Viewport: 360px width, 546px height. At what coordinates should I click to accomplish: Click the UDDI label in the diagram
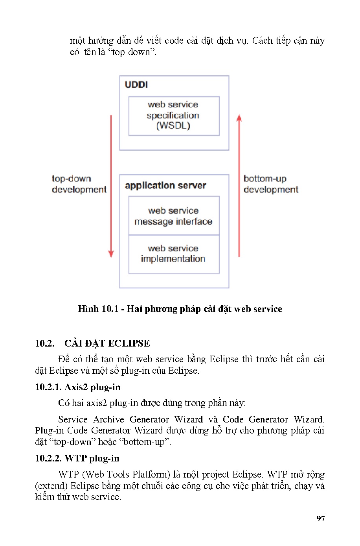[x=136, y=85]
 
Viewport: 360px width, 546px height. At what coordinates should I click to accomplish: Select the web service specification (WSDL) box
[x=174, y=116]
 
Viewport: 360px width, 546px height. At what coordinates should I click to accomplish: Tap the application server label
[x=165, y=186]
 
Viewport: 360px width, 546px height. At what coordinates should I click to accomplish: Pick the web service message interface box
[x=174, y=216]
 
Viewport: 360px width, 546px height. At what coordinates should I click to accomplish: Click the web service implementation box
[x=174, y=254]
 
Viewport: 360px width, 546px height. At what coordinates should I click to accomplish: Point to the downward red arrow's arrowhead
[x=111, y=253]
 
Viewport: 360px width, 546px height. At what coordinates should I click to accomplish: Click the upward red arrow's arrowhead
[x=239, y=117]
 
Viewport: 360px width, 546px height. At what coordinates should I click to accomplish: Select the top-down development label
[x=79, y=184]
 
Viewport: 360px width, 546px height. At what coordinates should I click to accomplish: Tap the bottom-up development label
[x=270, y=184]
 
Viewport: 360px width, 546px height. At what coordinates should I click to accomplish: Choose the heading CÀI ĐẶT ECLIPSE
[x=107, y=343]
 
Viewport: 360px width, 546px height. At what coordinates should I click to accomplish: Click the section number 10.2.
[x=44, y=343]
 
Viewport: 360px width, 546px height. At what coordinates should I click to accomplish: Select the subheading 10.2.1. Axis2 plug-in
[x=77, y=387]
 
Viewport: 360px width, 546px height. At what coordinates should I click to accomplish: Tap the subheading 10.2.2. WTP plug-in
[x=77, y=459]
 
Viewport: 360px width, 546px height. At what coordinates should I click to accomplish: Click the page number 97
[x=321, y=518]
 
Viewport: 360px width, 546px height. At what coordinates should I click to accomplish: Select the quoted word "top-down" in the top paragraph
[x=131, y=52]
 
